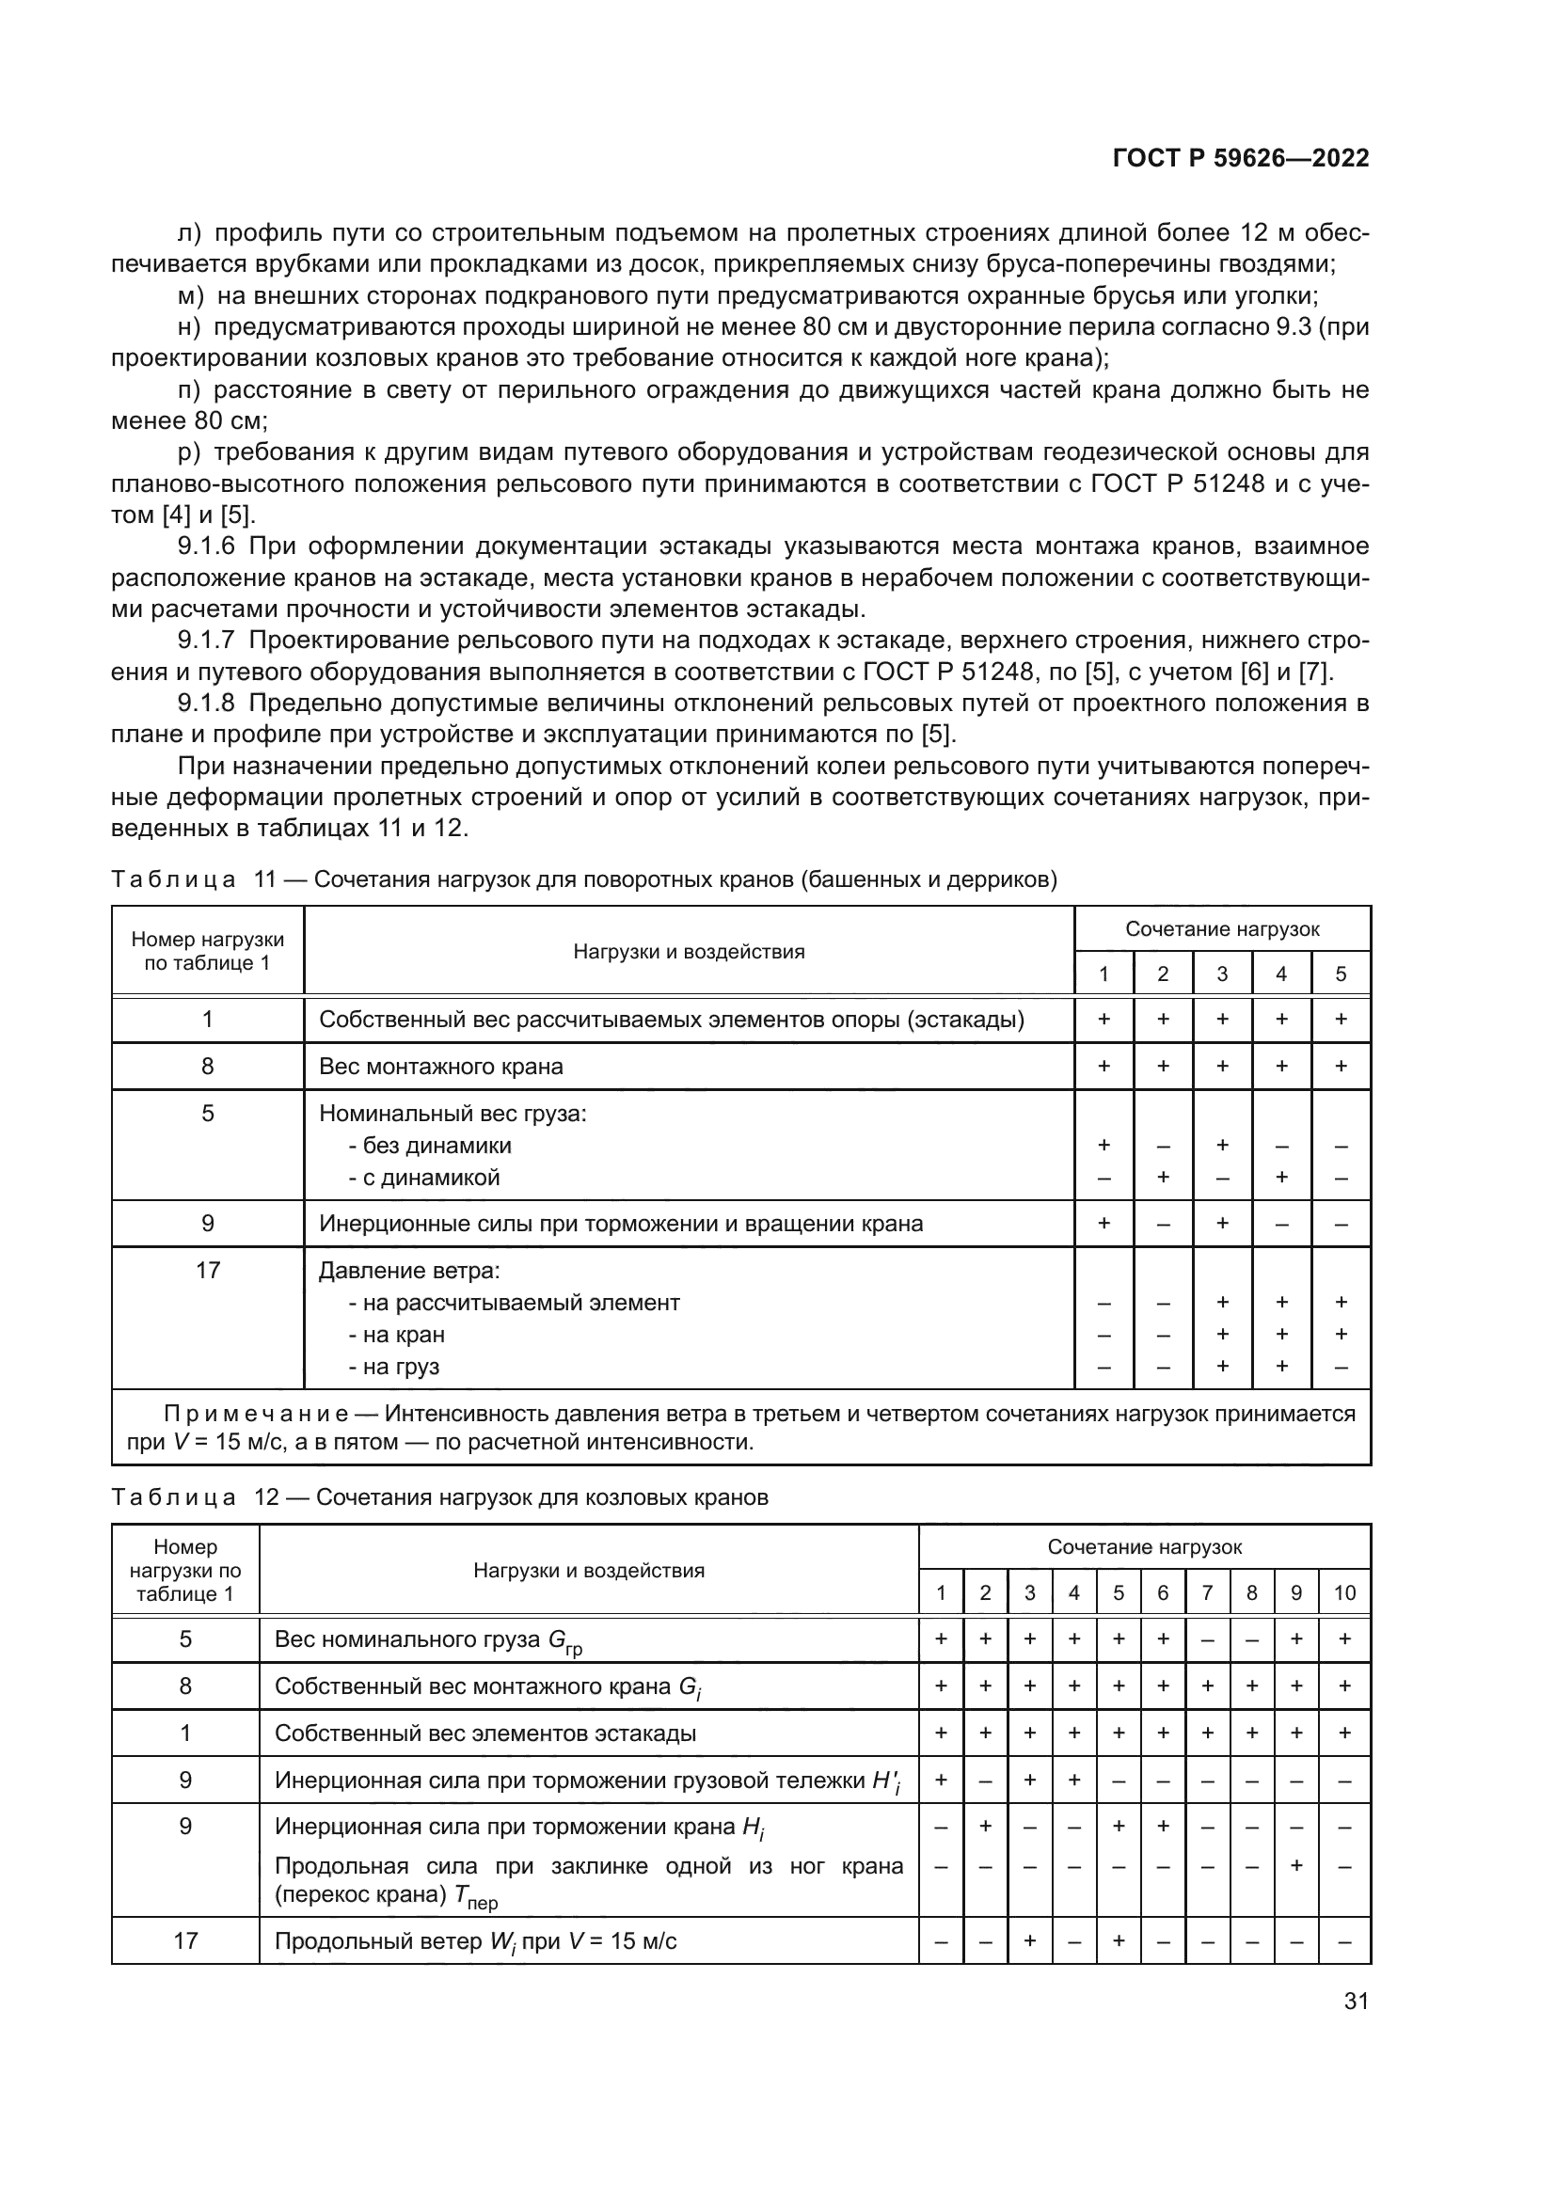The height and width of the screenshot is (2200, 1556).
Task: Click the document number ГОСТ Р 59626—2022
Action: coord(1240,158)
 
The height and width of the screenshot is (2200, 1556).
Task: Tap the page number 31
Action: coord(1356,2001)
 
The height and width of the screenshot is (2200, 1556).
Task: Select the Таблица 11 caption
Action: coord(583,879)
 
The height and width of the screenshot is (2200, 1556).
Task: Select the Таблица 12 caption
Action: coord(439,1497)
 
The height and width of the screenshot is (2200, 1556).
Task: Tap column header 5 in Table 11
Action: coord(1340,973)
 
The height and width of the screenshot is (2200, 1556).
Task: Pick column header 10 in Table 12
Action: coord(1344,1592)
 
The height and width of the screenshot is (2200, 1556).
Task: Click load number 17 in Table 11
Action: coord(207,1271)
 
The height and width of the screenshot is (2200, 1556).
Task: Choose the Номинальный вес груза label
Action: coord(453,1114)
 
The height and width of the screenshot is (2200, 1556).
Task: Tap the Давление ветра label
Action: coord(409,1271)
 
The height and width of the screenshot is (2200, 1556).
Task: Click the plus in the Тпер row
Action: coord(1295,1866)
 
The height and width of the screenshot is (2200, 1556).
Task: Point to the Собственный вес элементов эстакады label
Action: coord(484,1733)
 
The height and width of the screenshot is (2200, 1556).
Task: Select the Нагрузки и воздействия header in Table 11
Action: coord(688,952)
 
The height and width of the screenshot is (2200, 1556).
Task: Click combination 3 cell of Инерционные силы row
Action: coord(1222,1224)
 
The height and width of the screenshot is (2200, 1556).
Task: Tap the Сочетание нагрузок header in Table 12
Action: coord(1144,1547)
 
